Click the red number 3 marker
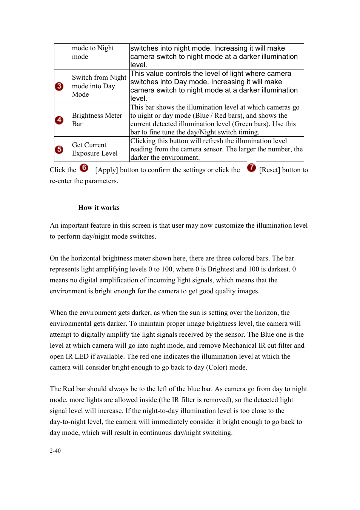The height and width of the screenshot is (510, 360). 59,86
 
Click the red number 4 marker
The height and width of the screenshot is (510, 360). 59,120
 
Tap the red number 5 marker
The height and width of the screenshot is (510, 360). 59,149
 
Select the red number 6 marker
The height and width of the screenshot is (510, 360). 84,168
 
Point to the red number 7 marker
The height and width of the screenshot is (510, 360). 251,168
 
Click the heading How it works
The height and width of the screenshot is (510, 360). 99,208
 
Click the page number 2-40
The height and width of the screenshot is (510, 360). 55,451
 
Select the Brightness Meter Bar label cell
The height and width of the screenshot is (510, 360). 97,120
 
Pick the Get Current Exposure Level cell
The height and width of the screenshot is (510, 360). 95,149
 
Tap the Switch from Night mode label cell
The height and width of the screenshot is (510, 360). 99,86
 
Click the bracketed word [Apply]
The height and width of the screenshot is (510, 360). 107,170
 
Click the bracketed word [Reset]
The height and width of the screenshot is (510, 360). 270,170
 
